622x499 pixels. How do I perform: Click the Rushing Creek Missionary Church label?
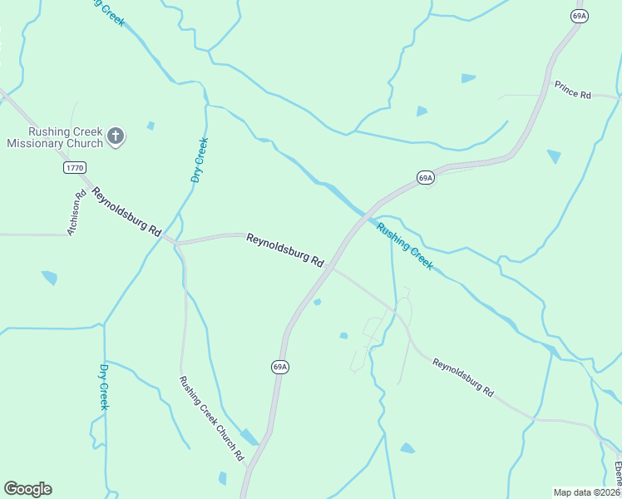54,137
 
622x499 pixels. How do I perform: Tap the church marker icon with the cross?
116,136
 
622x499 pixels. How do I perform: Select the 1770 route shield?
74,168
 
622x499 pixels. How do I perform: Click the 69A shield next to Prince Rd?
580,16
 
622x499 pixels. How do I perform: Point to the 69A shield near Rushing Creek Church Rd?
280,367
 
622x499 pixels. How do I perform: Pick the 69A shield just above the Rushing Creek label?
425,177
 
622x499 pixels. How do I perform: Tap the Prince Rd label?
572,91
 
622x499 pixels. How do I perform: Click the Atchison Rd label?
77,214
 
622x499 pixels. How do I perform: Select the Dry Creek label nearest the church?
199,161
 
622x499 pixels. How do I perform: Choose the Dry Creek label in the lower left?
104,387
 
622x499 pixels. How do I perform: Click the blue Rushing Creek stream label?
405,245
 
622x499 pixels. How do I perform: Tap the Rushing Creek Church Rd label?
211,418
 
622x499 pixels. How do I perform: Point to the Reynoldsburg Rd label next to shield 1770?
126,213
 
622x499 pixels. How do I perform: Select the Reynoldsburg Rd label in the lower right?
463,377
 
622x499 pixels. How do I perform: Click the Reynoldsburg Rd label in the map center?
284,249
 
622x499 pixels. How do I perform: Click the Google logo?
27,489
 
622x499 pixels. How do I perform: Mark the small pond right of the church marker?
151,126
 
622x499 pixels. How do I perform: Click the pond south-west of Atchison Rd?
50,277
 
